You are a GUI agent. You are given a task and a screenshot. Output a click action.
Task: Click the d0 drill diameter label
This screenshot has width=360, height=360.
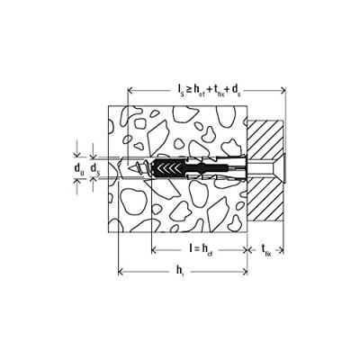click(x=79, y=168)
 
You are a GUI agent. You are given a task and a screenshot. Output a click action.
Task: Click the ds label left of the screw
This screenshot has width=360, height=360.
click(x=95, y=168)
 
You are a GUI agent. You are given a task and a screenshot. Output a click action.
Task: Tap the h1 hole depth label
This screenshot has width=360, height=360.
click(x=180, y=272)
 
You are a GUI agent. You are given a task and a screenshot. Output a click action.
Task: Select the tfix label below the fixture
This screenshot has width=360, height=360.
click(x=266, y=250)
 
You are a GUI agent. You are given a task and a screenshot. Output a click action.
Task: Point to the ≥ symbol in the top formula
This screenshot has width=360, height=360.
click(x=188, y=89)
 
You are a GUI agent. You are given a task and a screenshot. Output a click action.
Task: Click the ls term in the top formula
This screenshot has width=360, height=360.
click(x=179, y=89)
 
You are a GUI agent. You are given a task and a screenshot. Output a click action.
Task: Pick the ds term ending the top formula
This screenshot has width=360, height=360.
click(x=236, y=89)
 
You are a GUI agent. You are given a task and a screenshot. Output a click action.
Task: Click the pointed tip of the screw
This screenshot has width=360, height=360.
click(x=129, y=168)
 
